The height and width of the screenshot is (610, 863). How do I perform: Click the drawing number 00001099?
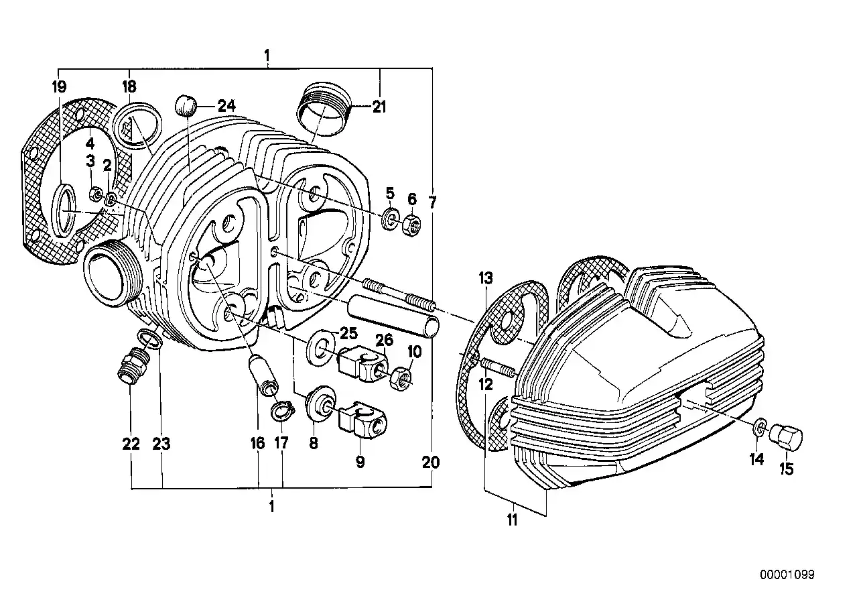tap(787, 574)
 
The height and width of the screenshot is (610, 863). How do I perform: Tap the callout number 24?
tap(226, 105)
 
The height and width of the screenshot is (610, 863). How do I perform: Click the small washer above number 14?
tap(758, 427)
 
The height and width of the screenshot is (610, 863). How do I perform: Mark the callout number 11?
tap(513, 520)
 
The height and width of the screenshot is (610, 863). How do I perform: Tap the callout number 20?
tap(431, 462)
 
